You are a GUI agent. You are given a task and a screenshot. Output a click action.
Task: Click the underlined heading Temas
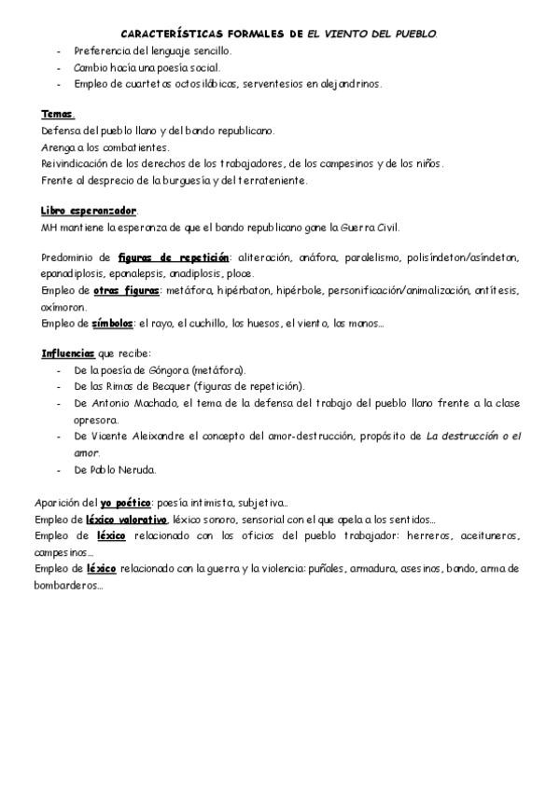(x=57, y=115)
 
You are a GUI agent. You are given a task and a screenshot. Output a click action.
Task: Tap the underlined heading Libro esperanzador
(x=89, y=212)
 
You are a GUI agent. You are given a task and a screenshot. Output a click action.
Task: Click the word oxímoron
(x=63, y=307)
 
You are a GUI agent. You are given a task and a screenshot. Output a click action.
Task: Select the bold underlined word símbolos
(x=112, y=324)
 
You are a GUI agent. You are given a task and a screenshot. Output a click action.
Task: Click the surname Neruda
(x=138, y=468)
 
